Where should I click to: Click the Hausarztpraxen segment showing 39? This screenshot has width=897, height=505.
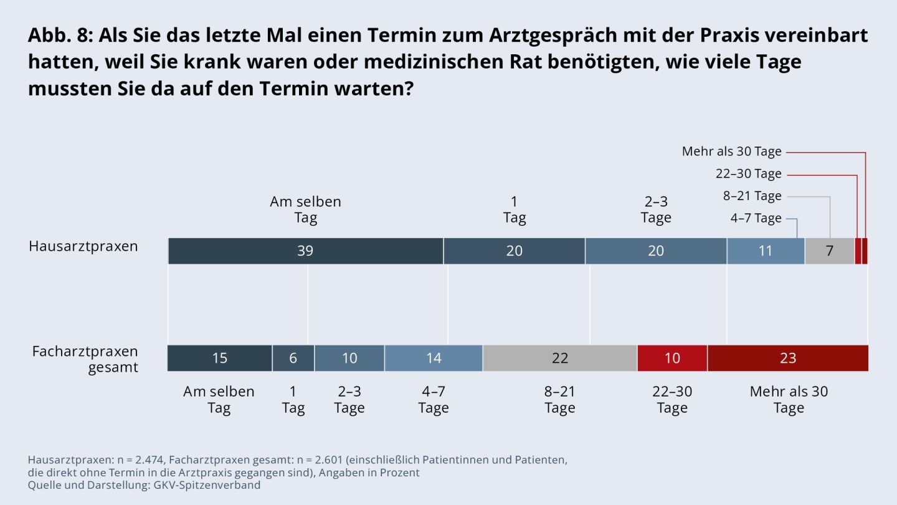click(x=305, y=251)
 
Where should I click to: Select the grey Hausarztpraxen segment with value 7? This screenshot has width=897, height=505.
click(x=829, y=251)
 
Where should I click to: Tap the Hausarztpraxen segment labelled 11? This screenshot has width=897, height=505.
click(x=765, y=251)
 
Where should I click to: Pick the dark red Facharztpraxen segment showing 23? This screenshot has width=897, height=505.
click(x=787, y=358)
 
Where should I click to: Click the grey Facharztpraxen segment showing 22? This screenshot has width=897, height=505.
click(x=559, y=358)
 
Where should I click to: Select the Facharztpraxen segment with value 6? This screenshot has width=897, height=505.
click(x=293, y=358)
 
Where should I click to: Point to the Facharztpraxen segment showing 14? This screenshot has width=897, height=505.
click(x=433, y=358)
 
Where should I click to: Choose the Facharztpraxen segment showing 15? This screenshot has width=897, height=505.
click(x=219, y=358)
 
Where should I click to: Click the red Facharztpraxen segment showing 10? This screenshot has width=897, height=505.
click(x=672, y=358)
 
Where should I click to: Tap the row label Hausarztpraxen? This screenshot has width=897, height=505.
click(x=83, y=246)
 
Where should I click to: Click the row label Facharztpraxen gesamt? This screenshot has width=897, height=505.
click(x=85, y=359)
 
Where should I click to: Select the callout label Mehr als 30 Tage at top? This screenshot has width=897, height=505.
click(x=731, y=151)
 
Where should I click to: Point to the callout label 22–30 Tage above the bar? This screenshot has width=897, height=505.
click(x=748, y=174)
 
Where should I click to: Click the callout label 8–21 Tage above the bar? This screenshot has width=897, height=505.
click(x=752, y=196)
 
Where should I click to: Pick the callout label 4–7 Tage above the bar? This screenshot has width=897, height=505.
click(x=756, y=218)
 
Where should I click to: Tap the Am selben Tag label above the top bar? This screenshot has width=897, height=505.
click(x=305, y=209)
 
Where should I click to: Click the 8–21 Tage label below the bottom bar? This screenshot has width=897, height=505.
click(x=559, y=400)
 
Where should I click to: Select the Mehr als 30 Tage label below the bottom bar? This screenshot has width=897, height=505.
click(x=789, y=400)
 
